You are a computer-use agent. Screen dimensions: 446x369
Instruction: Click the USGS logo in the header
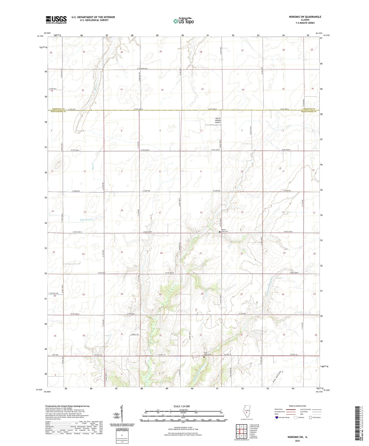pos(56,20)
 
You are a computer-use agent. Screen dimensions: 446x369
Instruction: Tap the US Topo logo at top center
pos(183,21)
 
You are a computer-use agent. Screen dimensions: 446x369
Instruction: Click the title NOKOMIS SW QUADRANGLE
pos(302,17)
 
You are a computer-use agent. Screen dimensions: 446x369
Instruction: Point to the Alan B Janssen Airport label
pos(218,121)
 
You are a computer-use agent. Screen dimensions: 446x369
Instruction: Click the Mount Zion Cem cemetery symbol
pos(220,232)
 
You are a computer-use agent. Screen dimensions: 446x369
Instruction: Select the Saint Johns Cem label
pos(207,354)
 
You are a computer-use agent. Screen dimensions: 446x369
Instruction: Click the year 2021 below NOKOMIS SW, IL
pos(297,441)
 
